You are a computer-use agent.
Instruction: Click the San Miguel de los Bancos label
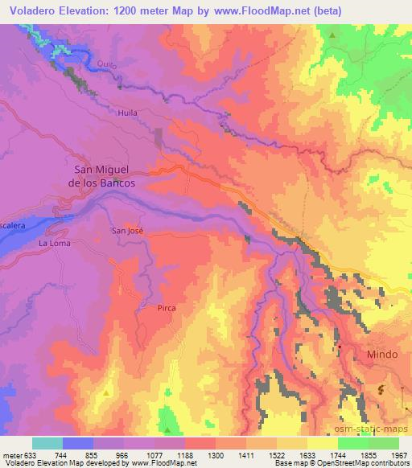click(105, 176)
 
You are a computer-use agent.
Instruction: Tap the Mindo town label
click(382, 354)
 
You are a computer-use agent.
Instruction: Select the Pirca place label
click(167, 307)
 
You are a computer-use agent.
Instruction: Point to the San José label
click(127, 231)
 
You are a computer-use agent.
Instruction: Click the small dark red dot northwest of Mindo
click(340, 347)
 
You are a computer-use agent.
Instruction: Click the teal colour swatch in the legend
click(47, 443)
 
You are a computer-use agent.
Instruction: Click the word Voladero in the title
click(31, 11)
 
